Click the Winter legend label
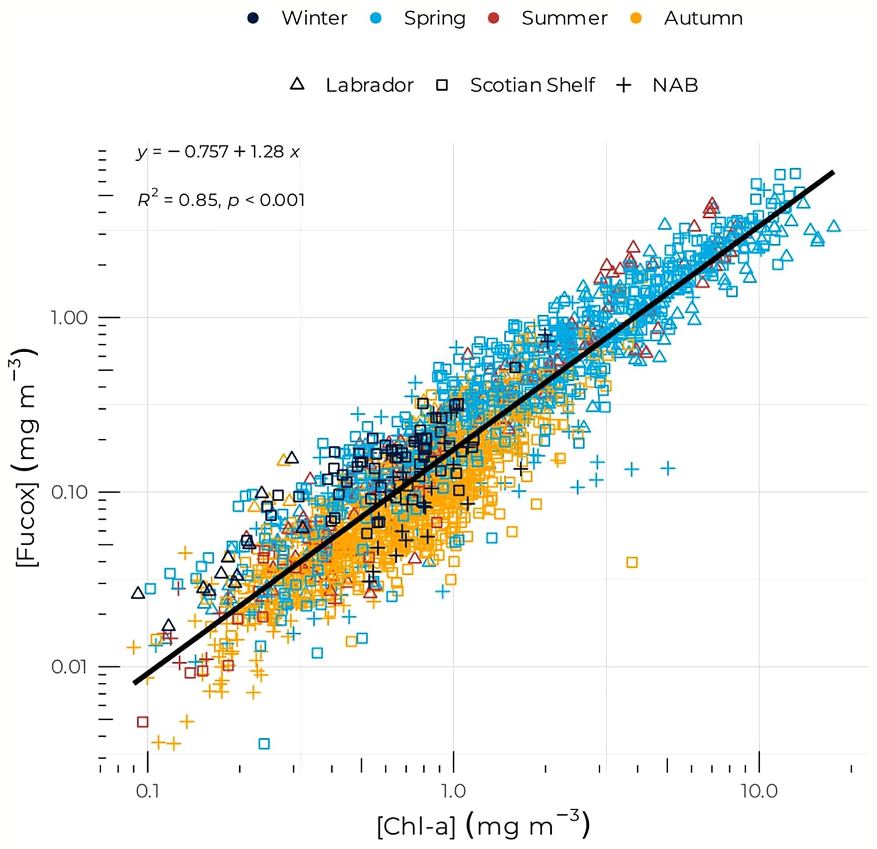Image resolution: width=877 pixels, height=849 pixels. [314, 18]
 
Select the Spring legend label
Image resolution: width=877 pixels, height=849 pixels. [434, 18]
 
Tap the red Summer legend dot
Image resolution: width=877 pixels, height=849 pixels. [494, 18]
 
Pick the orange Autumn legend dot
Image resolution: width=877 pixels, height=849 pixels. [636, 18]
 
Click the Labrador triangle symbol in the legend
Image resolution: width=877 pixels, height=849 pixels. [297, 84]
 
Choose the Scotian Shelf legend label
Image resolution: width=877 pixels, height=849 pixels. [532, 85]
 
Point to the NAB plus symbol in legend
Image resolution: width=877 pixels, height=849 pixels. [623, 85]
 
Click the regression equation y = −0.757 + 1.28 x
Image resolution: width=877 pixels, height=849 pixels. [218, 152]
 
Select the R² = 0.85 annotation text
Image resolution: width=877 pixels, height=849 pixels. [221, 200]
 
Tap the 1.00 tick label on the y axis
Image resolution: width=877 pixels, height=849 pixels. [69, 318]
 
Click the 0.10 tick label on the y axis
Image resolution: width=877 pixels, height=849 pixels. [69, 493]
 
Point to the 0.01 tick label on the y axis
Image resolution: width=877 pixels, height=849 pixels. [69, 667]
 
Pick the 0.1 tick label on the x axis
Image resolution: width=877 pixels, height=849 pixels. [147, 791]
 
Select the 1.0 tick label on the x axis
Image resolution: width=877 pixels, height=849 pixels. [453, 791]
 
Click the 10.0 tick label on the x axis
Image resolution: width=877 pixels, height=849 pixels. [759, 791]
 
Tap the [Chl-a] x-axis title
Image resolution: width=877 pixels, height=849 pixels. [483, 826]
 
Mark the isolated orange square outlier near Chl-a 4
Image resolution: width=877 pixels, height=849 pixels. [632, 563]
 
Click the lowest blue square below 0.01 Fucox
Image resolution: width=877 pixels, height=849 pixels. [264, 744]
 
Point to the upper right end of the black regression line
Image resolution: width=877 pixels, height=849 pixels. [832, 172]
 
